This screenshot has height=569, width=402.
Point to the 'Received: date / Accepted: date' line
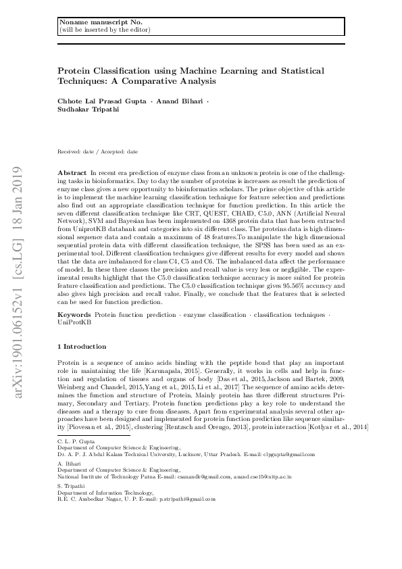pyautogui.click(x=98, y=152)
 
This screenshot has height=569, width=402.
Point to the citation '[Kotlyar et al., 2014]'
pyautogui.click(x=321, y=427)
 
